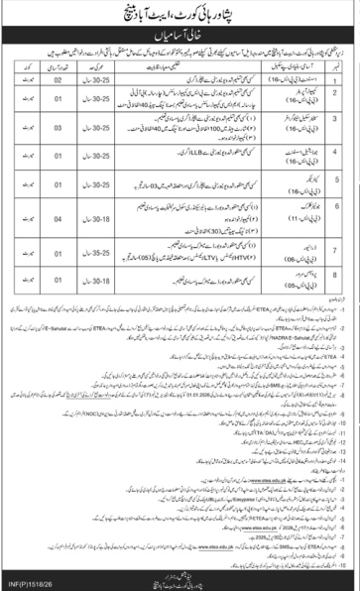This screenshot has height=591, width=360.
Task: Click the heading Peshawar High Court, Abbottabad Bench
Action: pyautogui.click(x=180, y=15)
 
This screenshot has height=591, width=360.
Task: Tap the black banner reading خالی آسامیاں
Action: pyautogui.click(x=180, y=38)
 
